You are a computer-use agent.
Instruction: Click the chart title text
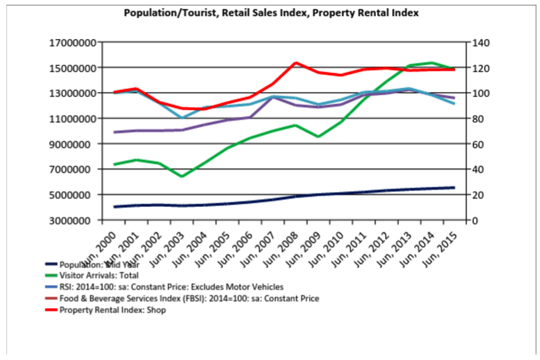[271, 13]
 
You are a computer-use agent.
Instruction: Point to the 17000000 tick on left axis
[72, 43]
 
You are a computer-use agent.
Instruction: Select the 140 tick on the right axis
[476, 43]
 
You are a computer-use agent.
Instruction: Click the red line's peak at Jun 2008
[296, 63]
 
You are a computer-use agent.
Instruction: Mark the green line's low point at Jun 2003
[182, 176]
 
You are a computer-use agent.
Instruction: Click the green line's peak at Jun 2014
[431, 63]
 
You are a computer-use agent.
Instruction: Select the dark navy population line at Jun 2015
[454, 188]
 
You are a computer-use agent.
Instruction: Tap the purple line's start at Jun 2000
[115, 132]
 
